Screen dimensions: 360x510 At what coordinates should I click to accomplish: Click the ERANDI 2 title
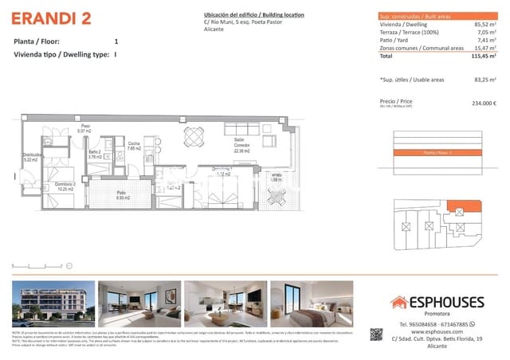[x=49, y=18]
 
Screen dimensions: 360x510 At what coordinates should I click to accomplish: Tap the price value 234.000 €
[x=484, y=103]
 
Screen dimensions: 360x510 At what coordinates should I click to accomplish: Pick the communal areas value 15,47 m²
[x=482, y=49]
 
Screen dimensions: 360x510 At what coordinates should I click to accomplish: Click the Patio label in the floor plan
[x=122, y=194]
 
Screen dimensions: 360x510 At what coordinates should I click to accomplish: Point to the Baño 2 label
[x=94, y=154]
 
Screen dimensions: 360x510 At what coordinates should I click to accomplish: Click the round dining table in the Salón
[x=193, y=136]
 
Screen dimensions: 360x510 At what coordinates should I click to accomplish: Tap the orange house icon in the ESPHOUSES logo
[x=398, y=302]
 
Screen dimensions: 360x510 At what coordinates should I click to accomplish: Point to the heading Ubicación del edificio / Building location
[x=253, y=15]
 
